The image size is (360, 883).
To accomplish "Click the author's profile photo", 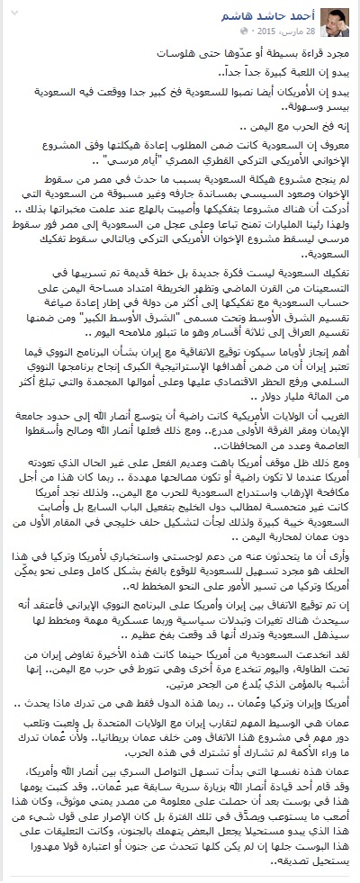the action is click(x=337, y=15).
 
